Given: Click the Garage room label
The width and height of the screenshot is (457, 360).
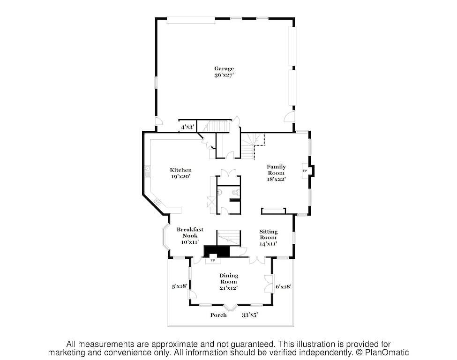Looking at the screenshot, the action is pos(224,69).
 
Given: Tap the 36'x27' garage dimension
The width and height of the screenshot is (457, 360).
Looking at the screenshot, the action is pos(224,75).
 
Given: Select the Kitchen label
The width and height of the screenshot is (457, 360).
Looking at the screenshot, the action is pos(181,170).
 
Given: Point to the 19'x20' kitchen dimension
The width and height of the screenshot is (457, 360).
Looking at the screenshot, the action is pos(181,176).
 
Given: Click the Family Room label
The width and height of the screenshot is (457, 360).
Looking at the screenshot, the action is pos(276,170).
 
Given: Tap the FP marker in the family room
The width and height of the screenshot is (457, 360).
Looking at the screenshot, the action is pos(305,171).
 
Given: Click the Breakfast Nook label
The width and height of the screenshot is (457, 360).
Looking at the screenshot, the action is pos(190,232).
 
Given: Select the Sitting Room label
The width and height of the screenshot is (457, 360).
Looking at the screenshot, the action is pos(269,234).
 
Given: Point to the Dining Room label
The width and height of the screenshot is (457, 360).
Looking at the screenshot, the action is pos(229,278).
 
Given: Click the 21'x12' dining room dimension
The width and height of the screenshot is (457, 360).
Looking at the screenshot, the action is pos(229,288).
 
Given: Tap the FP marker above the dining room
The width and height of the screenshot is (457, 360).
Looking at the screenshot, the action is pos(213,260).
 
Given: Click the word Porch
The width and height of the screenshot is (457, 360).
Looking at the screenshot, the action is pos(218,315).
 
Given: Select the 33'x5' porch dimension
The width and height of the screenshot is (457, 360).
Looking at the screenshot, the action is pos(250,315).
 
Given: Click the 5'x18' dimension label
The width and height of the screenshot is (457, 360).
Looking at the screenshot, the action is pos(179,286).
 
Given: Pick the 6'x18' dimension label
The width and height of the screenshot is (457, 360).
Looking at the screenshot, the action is pos(283,286).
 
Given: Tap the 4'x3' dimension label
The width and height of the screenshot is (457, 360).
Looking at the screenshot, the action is pos(187,127).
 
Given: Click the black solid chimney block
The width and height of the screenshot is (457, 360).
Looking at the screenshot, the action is pos(217,251).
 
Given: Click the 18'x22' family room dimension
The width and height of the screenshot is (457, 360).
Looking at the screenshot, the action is pos(276,179).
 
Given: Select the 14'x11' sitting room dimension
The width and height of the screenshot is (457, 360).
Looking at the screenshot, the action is pos(268,244).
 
